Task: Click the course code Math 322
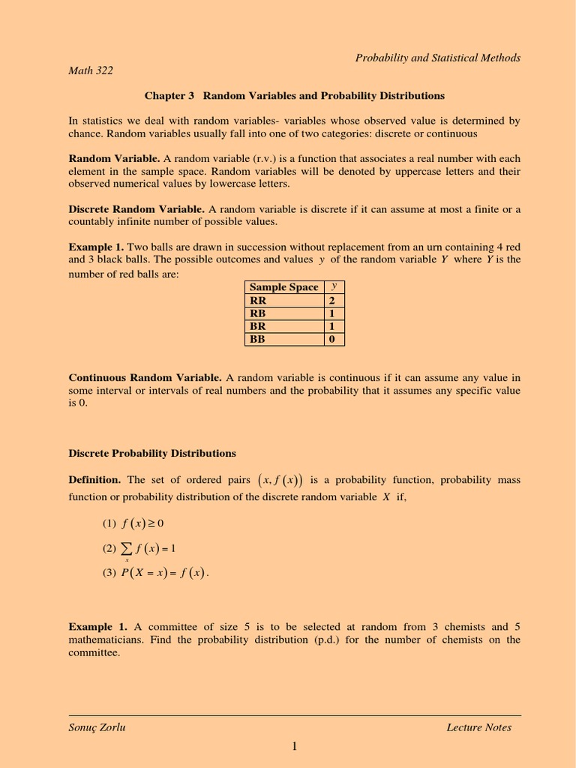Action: click(x=91, y=71)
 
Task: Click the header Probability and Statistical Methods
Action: click(x=438, y=58)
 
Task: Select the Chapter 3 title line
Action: click(x=294, y=96)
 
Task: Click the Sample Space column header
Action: click(x=283, y=287)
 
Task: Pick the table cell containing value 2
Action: click(x=331, y=300)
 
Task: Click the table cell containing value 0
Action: click(x=331, y=339)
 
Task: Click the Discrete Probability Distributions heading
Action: click(x=152, y=454)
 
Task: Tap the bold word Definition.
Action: click(x=94, y=480)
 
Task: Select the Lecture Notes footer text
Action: click(x=478, y=727)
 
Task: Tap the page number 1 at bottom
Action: click(x=295, y=745)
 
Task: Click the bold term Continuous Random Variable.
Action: click(x=145, y=377)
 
